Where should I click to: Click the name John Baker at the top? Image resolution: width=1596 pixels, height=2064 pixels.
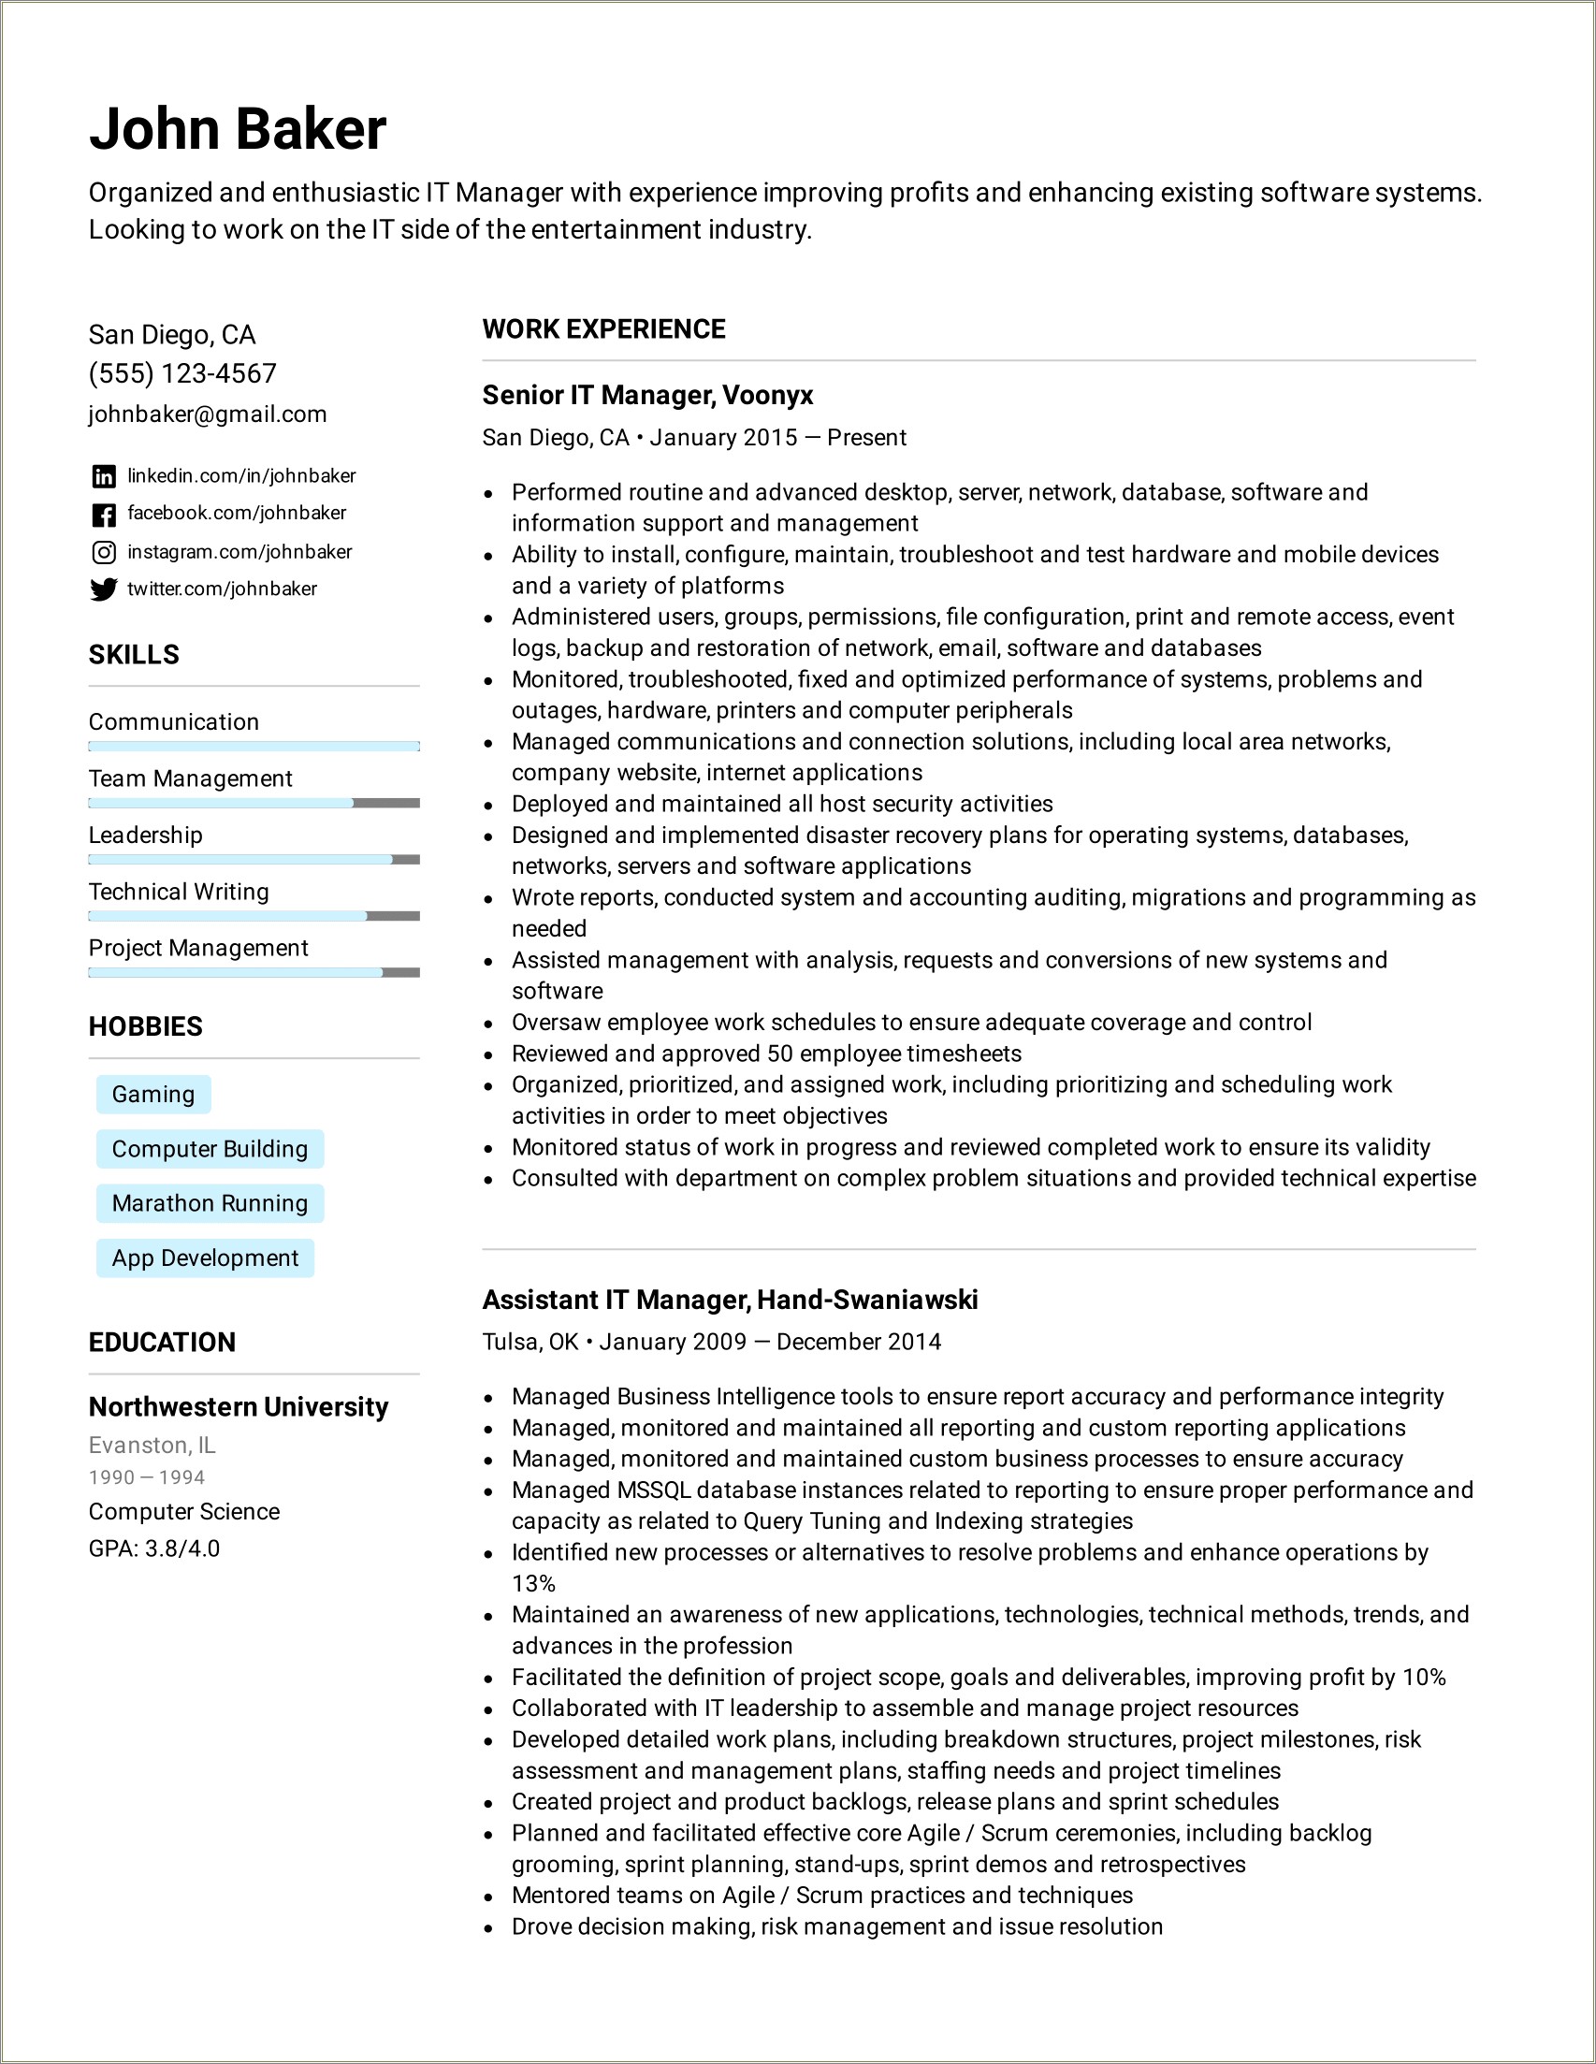pyautogui.click(x=238, y=128)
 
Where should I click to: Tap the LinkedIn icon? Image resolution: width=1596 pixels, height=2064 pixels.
pyautogui.click(x=104, y=476)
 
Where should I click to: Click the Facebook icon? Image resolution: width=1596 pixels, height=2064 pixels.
pyautogui.click(x=104, y=514)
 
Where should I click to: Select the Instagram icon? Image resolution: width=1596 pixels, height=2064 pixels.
pyautogui.click(x=104, y=552)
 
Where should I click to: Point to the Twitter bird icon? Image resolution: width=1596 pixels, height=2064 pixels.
pyautogui.click(x=104, y=589)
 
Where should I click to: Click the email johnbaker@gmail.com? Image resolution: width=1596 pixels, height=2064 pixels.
pyautogui.click(x=208, y=414)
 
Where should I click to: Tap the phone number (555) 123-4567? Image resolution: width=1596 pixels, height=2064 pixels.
pyautogui.click(x=182, y=373)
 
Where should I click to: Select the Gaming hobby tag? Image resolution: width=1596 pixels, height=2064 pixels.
pyautogui.click(x=153, y=1095)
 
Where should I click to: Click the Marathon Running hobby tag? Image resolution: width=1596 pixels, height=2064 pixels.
pyautogui.click(x=210, y=1203)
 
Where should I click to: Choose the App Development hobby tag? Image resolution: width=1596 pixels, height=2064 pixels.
pyautogui.click(x=205, y=1257)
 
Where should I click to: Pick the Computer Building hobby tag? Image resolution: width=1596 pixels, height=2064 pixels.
pyautogui.click(x=210, y=1149)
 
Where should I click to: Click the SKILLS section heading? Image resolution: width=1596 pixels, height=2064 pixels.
pyautogui.click(x=134, y=654)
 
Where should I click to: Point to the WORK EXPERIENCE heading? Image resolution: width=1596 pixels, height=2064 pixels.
pyautogui.click(x=603, y=329)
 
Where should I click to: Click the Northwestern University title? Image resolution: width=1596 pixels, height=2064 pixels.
pyautogui.click(x=239, y=1407)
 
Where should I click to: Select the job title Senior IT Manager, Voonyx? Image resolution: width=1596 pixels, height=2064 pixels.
pyautogui.click(x=647, y=395)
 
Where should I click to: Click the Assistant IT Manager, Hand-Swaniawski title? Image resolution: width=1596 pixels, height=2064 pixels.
pyautogui.click(x=730, y=1300)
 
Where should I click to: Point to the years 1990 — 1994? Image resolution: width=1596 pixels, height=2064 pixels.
pyautogui.click(x=147, y=1477)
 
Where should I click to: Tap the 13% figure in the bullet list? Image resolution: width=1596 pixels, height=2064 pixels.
pyautogui.click(x=533, y=1583)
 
